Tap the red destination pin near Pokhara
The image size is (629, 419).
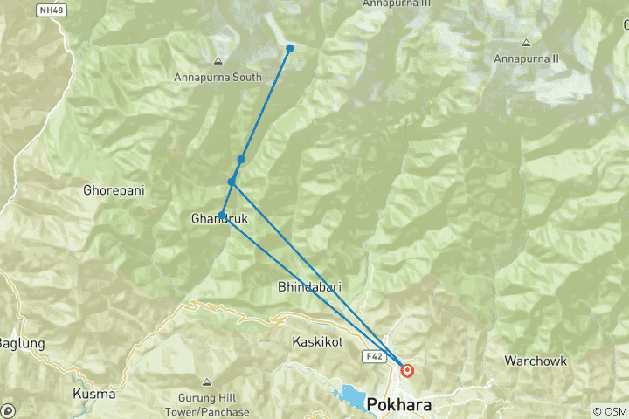407,370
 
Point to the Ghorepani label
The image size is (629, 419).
113,189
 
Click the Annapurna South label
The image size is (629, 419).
218,77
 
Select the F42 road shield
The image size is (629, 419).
372,356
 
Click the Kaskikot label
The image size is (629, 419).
317,342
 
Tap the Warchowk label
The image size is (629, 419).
536,361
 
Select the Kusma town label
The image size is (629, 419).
94,394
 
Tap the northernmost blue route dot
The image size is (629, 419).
290,48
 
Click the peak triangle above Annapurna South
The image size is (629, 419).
218,61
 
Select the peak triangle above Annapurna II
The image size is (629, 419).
526,42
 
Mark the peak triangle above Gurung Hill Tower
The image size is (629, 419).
206,382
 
